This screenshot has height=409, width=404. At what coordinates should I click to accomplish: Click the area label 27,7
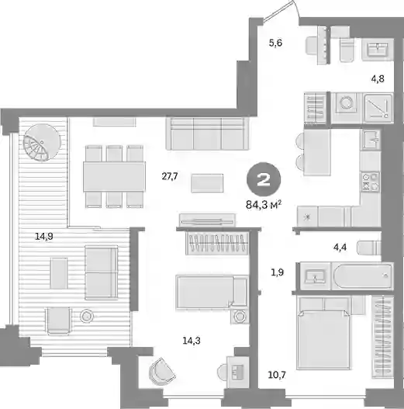click(x=170, y=177)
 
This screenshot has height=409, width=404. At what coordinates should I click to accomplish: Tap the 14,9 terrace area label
click(x=44, y=237)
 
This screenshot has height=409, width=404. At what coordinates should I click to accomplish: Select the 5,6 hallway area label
click(x=275, y=43)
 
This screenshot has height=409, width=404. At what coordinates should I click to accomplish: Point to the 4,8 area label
click(x=378, y=78)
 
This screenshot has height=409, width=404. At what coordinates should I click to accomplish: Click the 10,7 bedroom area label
click(x=277, y=375)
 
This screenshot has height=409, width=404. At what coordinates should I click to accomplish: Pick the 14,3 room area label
click(x=192, y=341)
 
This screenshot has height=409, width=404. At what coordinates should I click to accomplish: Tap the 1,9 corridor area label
click(x=277, y=272)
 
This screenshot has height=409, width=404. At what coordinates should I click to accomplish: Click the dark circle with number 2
click(x=264, y=179)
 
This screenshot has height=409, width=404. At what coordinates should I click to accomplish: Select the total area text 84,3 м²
click(x=264, y=205)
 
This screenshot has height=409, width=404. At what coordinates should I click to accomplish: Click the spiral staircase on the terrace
click(x=42, y=142)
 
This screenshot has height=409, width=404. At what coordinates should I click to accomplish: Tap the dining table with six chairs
click(x=114, y=177)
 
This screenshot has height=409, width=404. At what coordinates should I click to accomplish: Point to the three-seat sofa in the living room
click(x=207, y=133)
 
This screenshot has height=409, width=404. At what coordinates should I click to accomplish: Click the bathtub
click(x=363, y=276)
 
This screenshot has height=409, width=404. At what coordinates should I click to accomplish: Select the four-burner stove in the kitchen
click(x=370, y=182)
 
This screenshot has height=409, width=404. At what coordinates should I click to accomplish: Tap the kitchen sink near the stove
click(x=371, y=140)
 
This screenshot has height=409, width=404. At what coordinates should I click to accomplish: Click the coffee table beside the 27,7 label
click(x=207, y=183)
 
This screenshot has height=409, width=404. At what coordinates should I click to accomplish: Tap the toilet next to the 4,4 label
click(x=369, y=248)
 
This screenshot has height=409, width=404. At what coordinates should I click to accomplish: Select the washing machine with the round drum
click(x=347, y=103)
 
